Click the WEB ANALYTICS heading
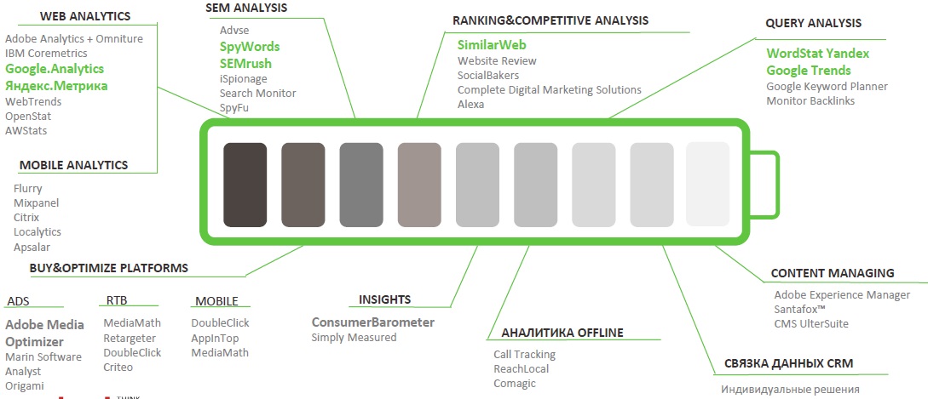(85, 16)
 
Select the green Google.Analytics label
(55, 69)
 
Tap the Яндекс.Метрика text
(57, 86)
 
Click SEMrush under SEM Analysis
(245, 63)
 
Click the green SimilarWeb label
(492, 45)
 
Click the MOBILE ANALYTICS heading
(74, 165)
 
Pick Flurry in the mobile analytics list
(28, 189)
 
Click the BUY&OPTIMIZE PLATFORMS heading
(109, 268)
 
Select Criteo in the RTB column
(118, 367)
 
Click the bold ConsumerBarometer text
(373, 322)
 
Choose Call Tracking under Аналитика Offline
(524, 354)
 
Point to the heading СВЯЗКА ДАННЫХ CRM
(788, 363)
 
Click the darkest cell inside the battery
(245, 185)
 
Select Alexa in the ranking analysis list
(470, 104)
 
